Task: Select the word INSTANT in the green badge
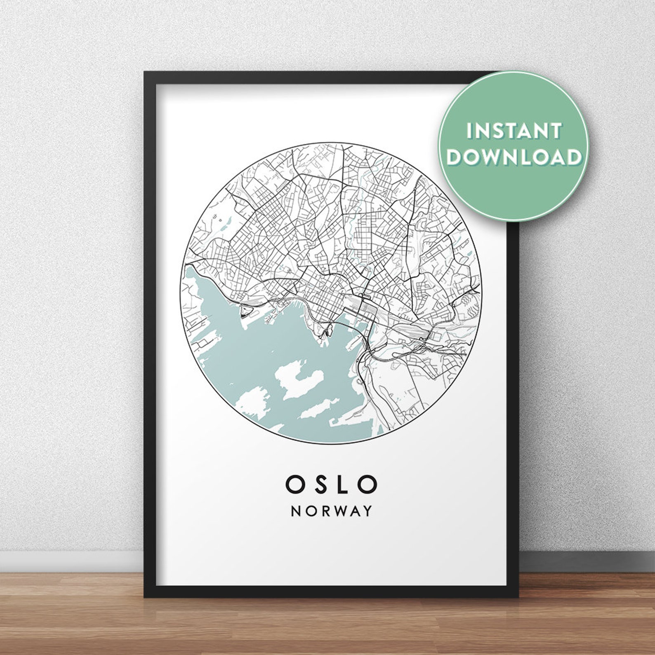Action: coord(514,131)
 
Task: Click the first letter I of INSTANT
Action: coord(469,131)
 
